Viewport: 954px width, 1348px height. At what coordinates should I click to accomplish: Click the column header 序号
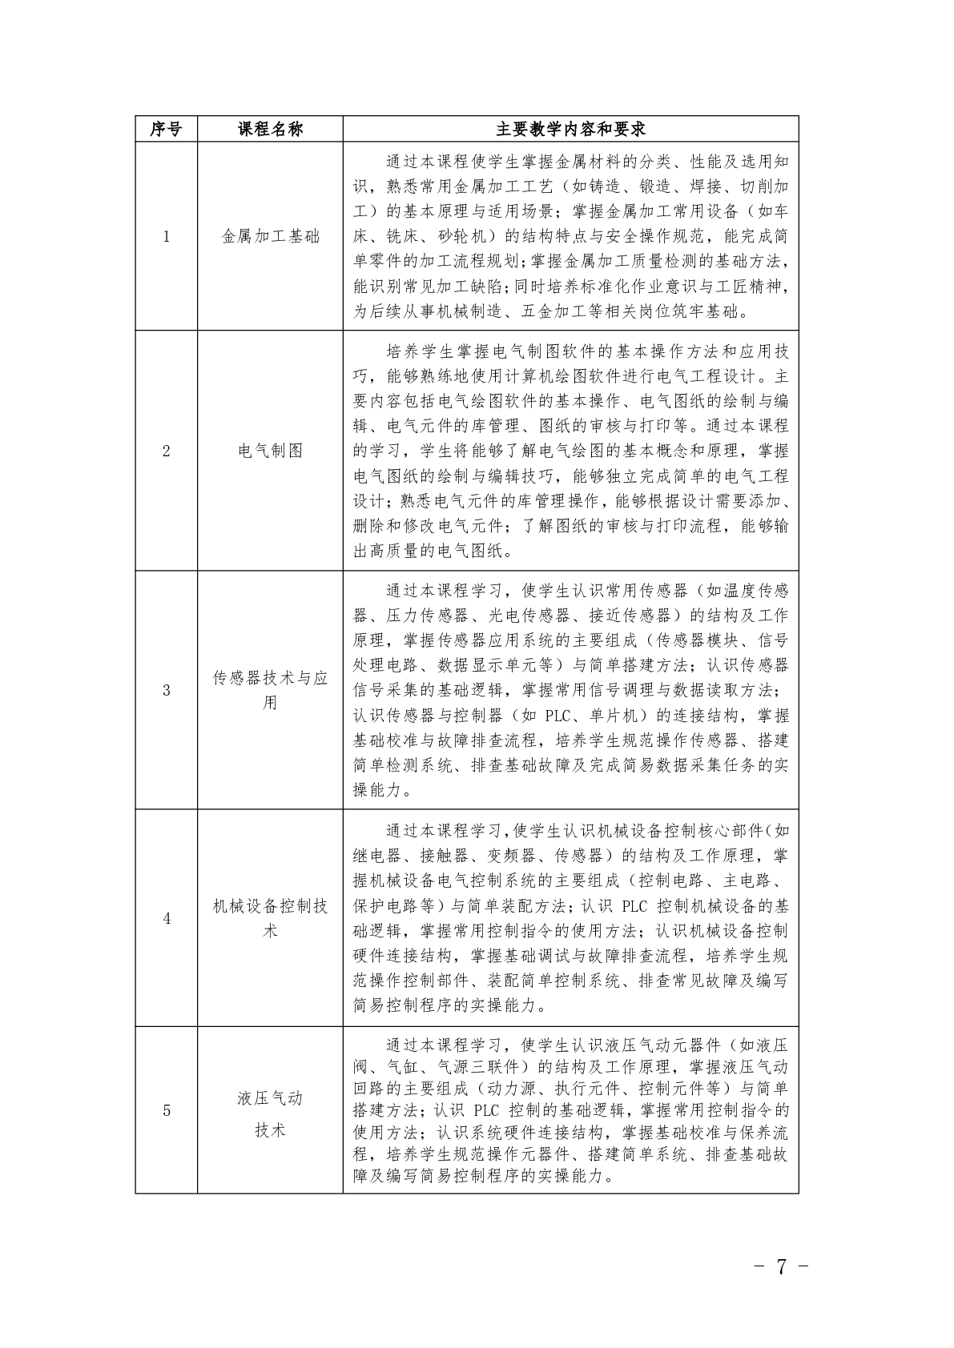click(166, 129)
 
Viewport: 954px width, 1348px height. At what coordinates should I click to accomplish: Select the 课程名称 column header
click(270, 129)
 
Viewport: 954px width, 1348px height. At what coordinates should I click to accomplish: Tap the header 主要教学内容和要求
click(570, 129)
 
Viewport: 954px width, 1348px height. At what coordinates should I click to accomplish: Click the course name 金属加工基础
click(270, 236)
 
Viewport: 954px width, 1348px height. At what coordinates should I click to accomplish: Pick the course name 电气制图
click(270, 451)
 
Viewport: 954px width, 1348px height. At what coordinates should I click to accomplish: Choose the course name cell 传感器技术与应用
click(270, 690)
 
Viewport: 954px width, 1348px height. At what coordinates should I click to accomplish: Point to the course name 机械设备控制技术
click(270, 918)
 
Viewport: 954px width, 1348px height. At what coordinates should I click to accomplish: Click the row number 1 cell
click(166, 236)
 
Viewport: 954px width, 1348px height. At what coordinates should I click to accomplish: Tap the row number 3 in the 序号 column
click(166, 690)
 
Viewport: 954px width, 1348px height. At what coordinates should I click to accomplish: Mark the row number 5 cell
click(166, 1110)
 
